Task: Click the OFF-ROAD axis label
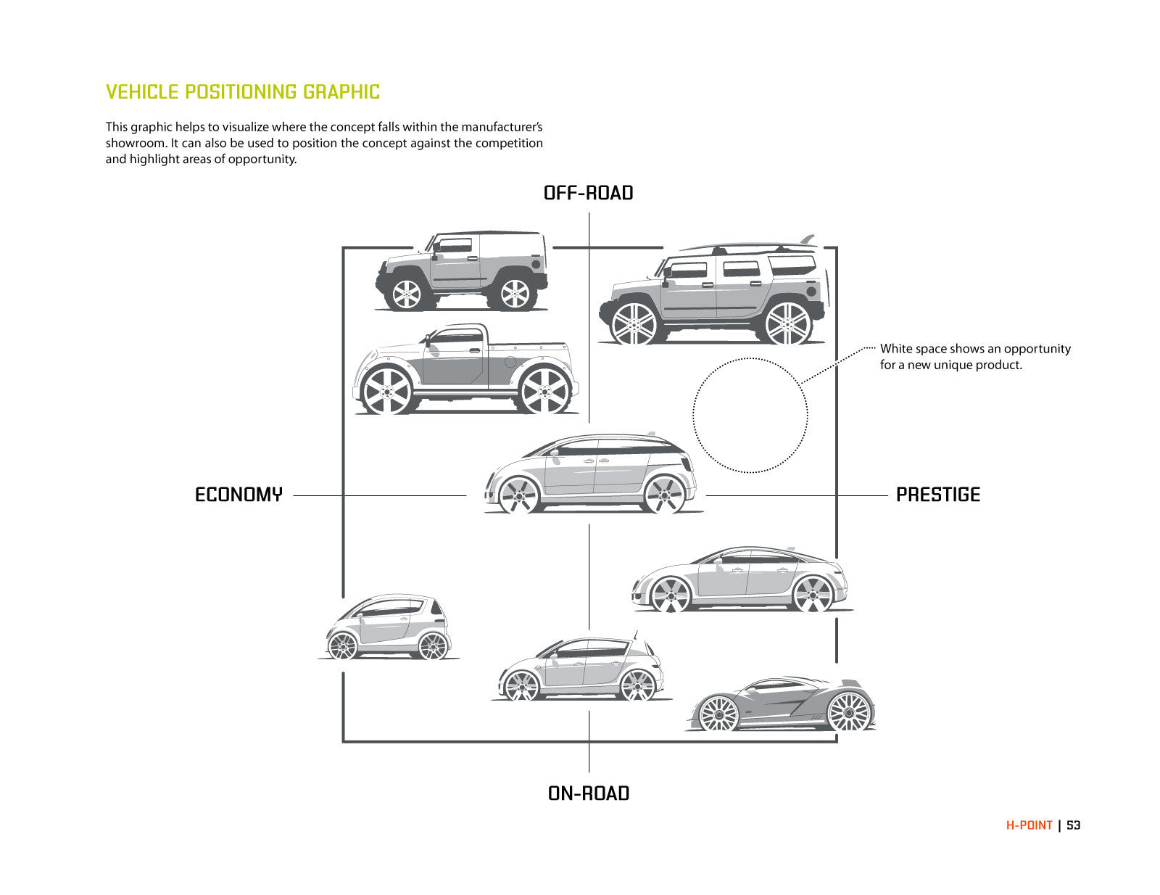click(588, 193)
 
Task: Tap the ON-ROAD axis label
click(588, 793)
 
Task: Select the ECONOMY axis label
click(239, 495)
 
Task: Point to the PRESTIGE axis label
click(937, 495)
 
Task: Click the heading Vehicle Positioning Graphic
click(243, 92)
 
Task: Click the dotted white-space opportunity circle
click(750, 416)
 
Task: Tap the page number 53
click(1074, 825)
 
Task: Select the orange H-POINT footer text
click(1029, 825)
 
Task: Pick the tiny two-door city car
click(387, 627)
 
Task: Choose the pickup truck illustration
click(464, 370)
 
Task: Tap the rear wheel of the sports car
click(849, 712)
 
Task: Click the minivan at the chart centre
click(591, 474)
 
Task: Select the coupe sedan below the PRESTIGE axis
click(741, 580)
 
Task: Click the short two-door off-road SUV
click(461, 271)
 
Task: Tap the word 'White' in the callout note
click(895, 349)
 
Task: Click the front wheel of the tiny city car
click(343, 645)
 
